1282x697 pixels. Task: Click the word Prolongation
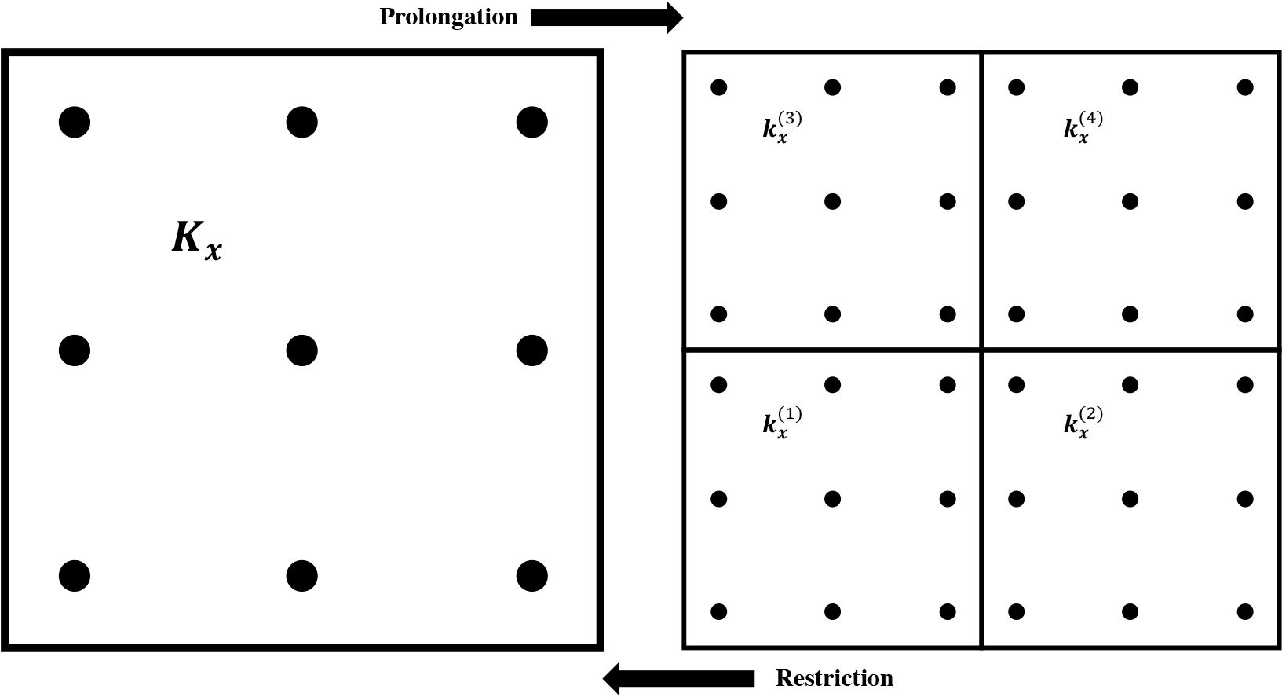click(x=448, y=17)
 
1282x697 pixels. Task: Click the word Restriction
click(x=834, y=678)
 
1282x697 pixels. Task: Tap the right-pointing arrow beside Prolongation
click(x=607, y=18)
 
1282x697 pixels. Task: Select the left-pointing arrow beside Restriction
click(x=679, y=679)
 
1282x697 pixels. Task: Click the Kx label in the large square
click(x=197, y=240)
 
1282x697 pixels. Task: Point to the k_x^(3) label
click(x=782, y=128)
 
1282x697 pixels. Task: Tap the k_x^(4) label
click(x=1083, y=128)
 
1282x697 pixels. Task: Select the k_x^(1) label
click(x=782, y=424)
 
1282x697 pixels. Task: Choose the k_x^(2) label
click(x=1083, y=424)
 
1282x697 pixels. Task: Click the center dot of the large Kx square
click(x=302, y=350)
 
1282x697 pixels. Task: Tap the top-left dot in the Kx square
click(x=75, y=122)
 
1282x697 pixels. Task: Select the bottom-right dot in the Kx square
click(x=531, y=575)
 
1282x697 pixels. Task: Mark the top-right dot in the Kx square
click(x=531, y=122)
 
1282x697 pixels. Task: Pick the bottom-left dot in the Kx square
click(x=75, y=575)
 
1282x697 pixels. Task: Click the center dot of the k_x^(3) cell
click(x=833, y=202)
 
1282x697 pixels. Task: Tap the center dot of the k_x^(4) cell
click(x=1130, y=202)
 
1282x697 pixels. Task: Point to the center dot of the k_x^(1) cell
click(x=833, y=499)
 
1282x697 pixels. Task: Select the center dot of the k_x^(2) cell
click(x=1130, y=499)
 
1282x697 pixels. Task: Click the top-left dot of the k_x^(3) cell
click(x=719, y=88)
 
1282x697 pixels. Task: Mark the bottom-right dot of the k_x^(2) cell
click(x=1245, y=611)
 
